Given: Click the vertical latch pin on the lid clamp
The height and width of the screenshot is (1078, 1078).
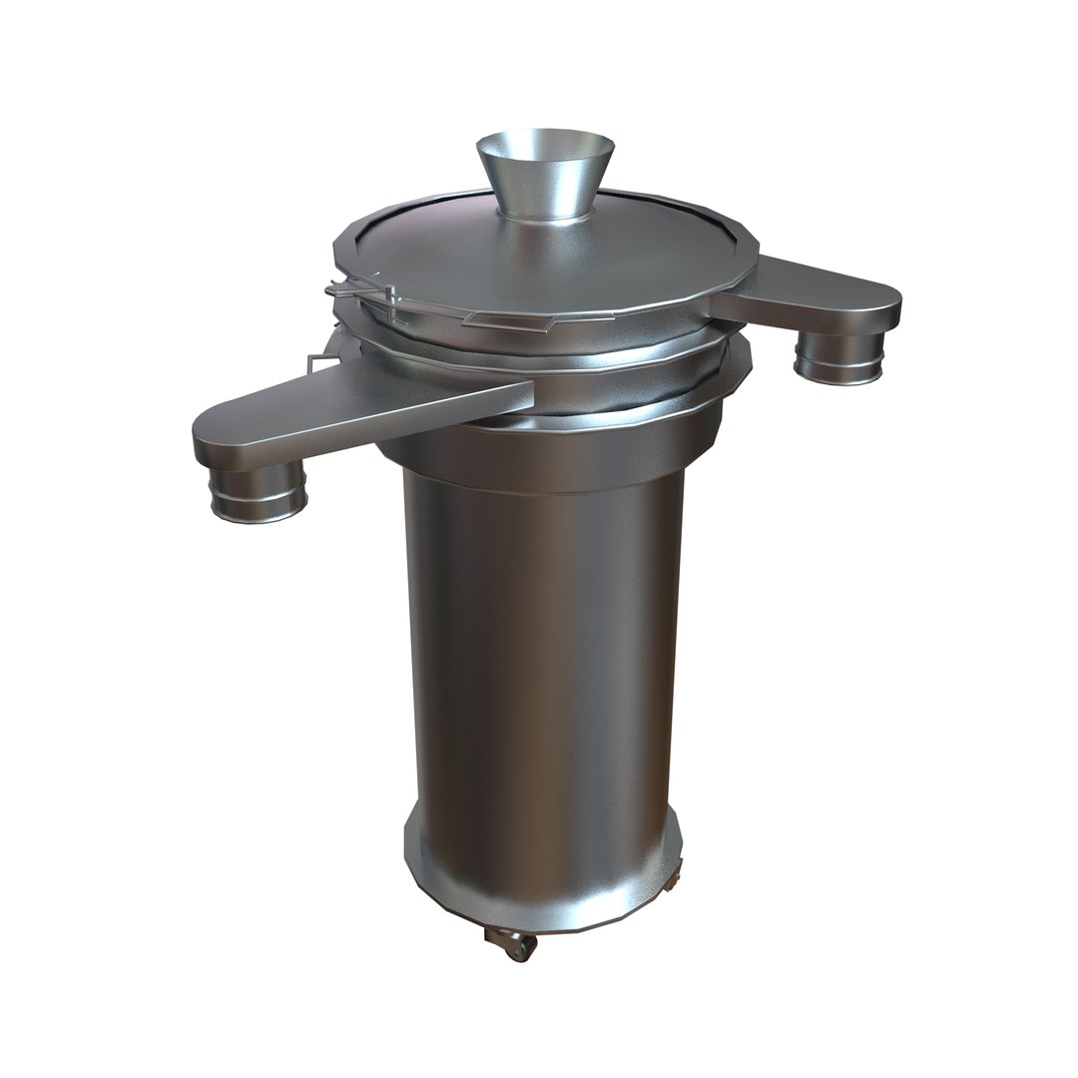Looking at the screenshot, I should pos(390,303).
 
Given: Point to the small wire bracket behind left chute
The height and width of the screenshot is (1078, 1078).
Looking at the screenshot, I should pos(317,361).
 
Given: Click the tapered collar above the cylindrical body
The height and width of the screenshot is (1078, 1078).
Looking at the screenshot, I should pos(559,454).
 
